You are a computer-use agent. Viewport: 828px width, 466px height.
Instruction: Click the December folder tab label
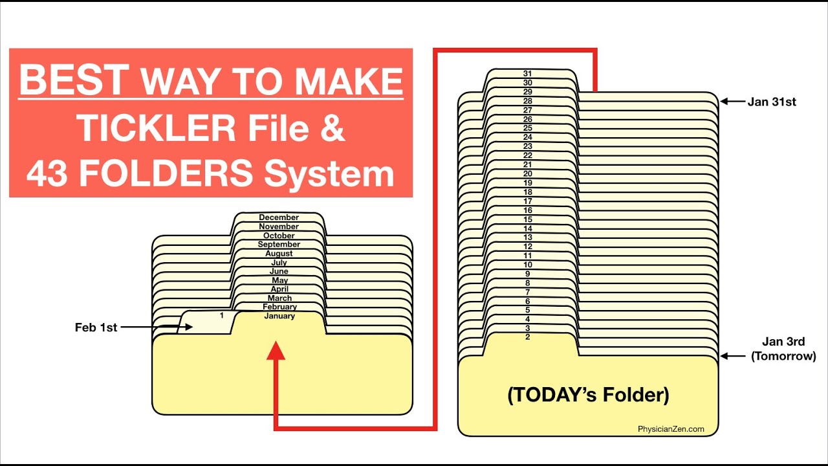(x=279, y=217)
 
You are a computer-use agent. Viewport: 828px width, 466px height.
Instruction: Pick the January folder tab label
(x=279, y=316)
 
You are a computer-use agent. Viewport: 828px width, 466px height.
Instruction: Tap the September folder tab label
(x=279, y=245)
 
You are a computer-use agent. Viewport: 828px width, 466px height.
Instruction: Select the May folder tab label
(x=279, y=280)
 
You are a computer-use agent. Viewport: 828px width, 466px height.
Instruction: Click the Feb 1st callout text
(x=96, y=327)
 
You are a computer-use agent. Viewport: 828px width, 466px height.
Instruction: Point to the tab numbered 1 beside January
(x=222, y=316)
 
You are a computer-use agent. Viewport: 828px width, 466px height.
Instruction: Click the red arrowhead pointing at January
(x=276, y=351)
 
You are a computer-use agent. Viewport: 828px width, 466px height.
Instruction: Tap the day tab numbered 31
(x=527, y=74)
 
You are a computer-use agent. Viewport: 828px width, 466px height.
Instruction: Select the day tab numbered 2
(x=527, y=337)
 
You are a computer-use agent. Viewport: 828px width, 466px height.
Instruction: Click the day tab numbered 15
(x=527, y=219)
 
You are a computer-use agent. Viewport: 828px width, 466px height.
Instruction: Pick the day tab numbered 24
(x=527, y=137)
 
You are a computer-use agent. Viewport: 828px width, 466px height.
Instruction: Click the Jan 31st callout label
(x=771, y=102)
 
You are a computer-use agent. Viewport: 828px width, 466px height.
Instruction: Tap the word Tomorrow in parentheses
(x=783, y=356)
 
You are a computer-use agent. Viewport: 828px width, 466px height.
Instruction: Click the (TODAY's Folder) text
(x=588, y=395)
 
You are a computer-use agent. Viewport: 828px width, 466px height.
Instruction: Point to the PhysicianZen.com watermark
(x=670, y=429)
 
